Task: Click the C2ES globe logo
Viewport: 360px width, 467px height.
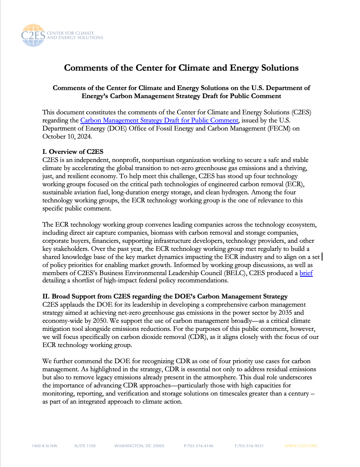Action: click(34, 35)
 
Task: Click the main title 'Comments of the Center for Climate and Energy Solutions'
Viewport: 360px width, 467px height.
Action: click(181, 67)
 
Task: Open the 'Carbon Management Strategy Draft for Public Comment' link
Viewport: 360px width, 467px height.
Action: click(159, 120)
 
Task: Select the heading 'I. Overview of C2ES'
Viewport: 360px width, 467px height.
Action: click(73, 152)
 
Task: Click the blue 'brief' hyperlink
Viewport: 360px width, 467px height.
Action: click(306, 273)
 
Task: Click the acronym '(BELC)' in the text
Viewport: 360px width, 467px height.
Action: click(198, 273)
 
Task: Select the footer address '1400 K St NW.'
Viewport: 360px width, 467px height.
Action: click(45, 446)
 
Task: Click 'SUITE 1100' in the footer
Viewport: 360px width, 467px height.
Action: click(85, 446)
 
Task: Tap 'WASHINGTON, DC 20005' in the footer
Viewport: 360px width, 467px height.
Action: click(139, 446)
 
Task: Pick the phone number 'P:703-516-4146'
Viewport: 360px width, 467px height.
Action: click(199, 446)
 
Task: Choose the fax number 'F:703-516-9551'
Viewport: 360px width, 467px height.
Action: click(249, 446)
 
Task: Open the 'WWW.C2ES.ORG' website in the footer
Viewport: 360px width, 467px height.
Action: click(301, 446)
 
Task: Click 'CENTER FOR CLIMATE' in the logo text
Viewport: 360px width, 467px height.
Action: click(71, 33)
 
